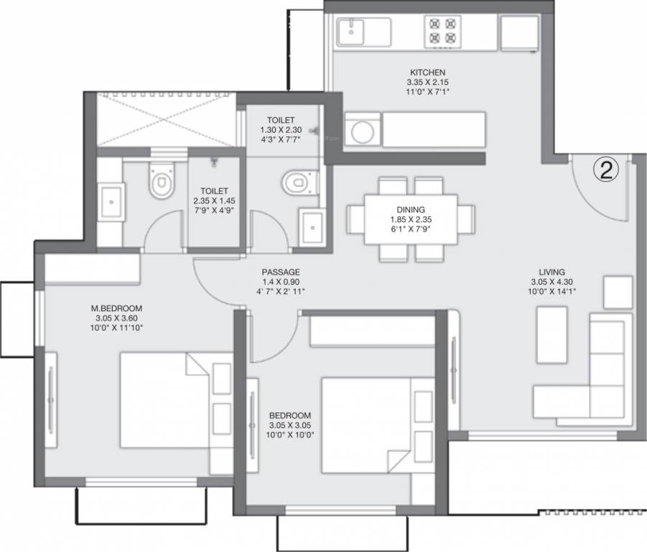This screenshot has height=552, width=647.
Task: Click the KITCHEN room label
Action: click(427, 73)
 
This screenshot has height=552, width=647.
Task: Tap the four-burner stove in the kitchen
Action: click(443, 32)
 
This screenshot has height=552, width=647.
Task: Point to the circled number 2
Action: click(606, 170)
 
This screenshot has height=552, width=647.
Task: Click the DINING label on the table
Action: click(411, 210)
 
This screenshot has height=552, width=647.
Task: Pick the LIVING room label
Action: click(551, 272)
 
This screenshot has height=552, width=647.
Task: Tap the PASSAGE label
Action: click(281, 272)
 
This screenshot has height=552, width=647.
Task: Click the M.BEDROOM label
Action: click(116, 308)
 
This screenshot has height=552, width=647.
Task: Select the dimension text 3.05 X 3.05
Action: click(290, 425)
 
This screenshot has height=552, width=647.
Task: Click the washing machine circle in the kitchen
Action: click(363, 132)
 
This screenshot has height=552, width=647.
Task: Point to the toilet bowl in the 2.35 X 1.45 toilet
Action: click(162, 181)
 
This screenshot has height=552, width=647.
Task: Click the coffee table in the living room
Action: click(551, 335)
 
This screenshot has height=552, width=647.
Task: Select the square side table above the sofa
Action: click(618, 293)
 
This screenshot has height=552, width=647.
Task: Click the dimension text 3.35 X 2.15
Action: click(427, 82)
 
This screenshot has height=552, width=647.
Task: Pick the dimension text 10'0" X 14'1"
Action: click(551, 292)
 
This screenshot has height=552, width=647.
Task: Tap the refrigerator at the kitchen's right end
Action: click(519, 34)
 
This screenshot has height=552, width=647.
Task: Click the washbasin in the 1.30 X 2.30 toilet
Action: click(312, 228)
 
